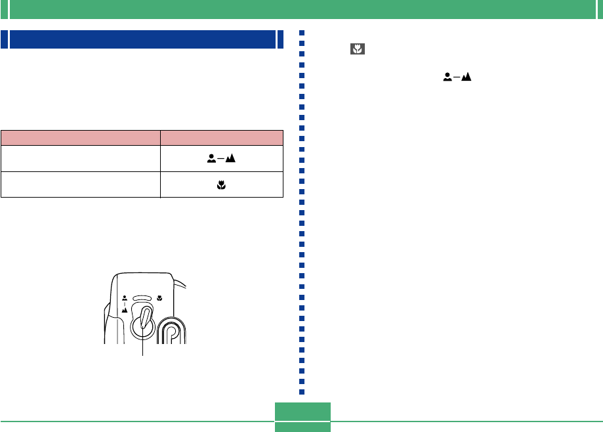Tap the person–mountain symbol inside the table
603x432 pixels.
click(x=221, y=158)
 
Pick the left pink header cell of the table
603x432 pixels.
click(x=81, y=137)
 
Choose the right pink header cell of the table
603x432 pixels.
click(x=222, y=137)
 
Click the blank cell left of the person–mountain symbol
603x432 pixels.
click(x=81, y=158)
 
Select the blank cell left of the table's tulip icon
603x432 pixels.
click(x=81, y=184)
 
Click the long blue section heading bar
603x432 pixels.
click(x=142, y=39)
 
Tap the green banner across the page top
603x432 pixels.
click(x=301, y=9)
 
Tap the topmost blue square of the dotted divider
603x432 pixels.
click(x=302, y=32)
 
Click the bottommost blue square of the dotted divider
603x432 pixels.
click(x=302, y=392)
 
